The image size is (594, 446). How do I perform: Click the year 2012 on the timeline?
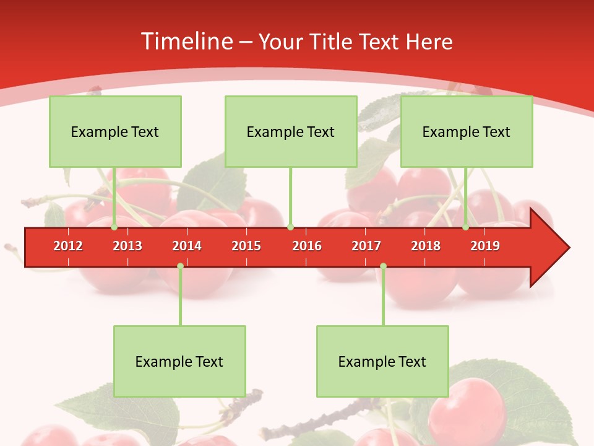68,246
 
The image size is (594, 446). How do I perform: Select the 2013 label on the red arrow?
127,246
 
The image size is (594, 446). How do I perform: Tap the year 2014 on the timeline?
187,246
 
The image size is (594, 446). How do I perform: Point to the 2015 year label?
246,246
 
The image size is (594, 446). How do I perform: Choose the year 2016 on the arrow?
307,246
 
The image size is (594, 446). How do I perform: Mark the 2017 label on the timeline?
366,246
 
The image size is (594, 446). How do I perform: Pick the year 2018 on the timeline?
426,246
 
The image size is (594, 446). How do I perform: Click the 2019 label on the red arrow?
485,246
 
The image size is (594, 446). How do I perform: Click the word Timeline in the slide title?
186,42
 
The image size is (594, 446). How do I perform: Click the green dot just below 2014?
180,266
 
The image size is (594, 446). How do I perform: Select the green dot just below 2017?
383,266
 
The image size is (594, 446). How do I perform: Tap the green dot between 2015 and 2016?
290,227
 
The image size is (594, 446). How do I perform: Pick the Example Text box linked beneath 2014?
179,361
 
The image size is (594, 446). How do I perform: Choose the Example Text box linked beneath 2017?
382,361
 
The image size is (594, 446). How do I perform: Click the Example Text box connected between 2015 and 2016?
291,131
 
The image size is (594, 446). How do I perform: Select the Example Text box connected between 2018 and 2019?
467,131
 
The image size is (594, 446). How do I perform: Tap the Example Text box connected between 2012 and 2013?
115,131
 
